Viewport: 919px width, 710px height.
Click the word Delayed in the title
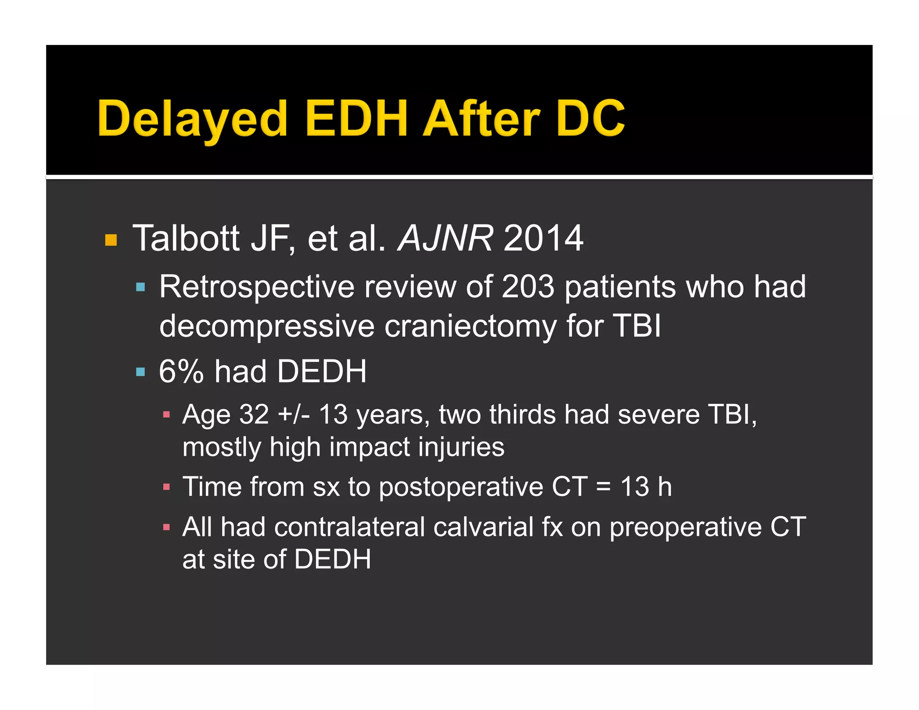pos(192,118)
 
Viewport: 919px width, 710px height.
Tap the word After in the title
pos(481,118)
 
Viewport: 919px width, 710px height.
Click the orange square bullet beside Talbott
pos(111,240)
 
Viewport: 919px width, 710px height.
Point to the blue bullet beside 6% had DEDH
pos(140,372)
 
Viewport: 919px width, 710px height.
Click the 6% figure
pos(181,372)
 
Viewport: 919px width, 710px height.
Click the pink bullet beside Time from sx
pos(166,487)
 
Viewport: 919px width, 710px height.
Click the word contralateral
pos(350,527)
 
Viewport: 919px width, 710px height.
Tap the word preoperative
pos(685,528)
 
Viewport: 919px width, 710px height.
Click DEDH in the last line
pos(333,559)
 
